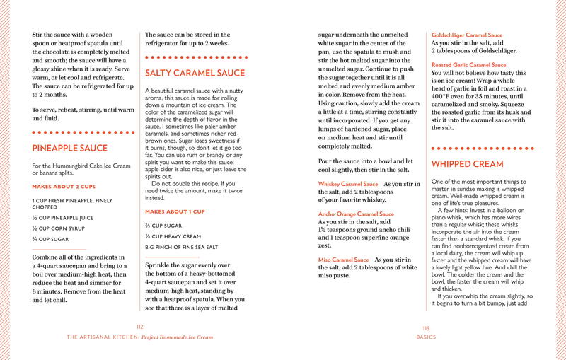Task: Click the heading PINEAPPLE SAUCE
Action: (x=70, y=148)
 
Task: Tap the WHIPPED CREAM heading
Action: (x=468, y=164)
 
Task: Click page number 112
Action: (x=139, y=327)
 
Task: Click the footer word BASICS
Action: (x=426, y=337)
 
